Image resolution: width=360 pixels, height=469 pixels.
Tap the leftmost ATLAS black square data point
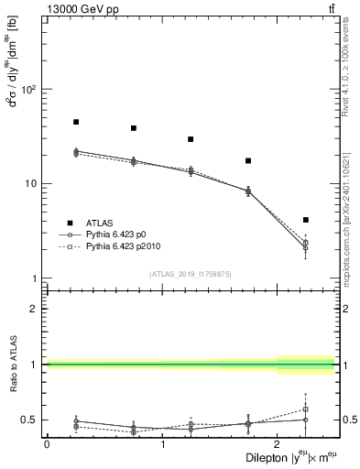[x=76, y=122]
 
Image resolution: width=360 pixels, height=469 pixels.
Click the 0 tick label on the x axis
[x=47, y=444]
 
